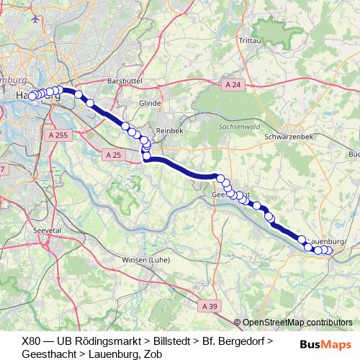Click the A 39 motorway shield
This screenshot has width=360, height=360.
coord(210,306)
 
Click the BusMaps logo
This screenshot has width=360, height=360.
coord(326,344)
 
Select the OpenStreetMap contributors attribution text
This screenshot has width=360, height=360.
coord(297,323)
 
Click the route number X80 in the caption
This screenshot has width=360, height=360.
coord(32,340)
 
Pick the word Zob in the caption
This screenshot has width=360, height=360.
coord(152,354)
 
